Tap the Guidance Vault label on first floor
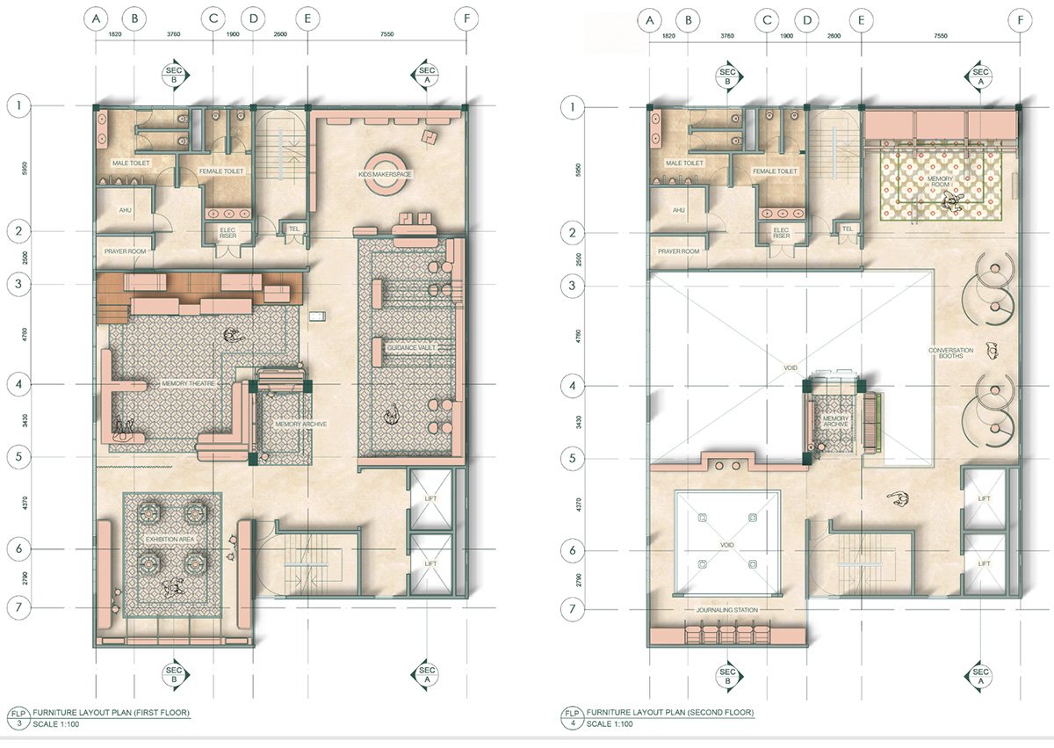(409, 348)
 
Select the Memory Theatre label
(184, 384)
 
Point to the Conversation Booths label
(951, 353)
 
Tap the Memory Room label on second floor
(928, 182)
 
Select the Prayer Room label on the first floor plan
(124, 251)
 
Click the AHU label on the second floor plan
(678, 210)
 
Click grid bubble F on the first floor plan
(465, 19)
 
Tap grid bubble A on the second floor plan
(650, 19)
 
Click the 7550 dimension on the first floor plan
(385, 36)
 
